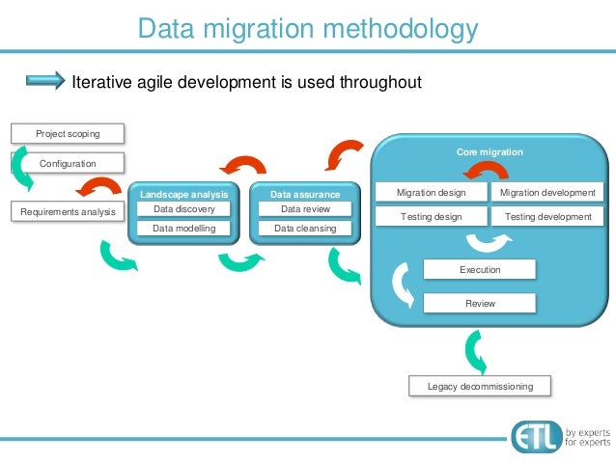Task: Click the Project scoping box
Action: point(68,133)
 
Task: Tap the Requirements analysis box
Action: point(68,211)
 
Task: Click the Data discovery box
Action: point(183,209)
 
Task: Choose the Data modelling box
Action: point(183,230)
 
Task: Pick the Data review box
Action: point(305,209)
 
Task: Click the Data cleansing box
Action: point(305,230)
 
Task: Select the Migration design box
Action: point(431,193)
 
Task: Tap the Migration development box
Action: point(548,193)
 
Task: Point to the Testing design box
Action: point(431,217)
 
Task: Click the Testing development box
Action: point(548,217)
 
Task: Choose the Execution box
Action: point(480,270)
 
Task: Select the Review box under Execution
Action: point(480,303)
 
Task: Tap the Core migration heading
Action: point(490,152)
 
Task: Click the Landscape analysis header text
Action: point(183,194)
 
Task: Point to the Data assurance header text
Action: point(305,194)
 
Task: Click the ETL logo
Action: point(535,435)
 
